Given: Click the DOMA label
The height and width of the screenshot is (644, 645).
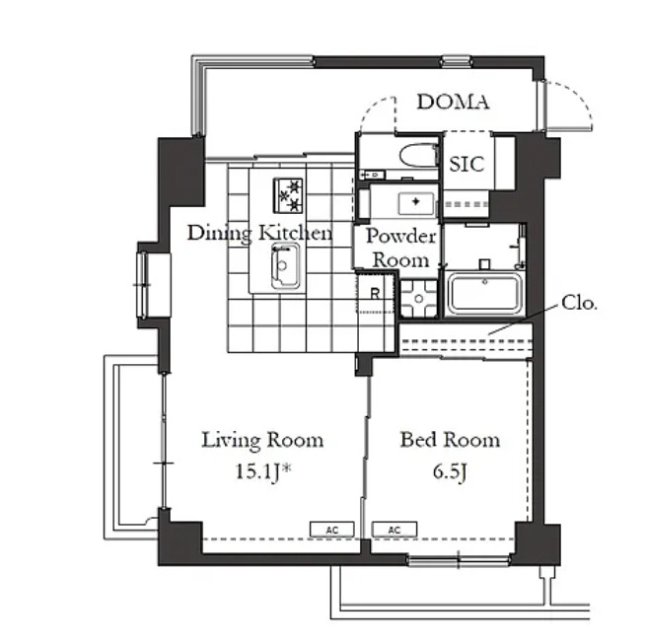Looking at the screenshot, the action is (x=453, y=102).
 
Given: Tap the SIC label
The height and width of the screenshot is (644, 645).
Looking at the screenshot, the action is (x=466, y=164).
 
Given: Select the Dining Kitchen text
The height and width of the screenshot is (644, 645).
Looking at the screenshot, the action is (x=259, y=233).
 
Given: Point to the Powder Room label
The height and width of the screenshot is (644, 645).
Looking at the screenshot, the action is (x=400, y=248).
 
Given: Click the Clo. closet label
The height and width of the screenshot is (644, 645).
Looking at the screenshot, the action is (x=579, y=303).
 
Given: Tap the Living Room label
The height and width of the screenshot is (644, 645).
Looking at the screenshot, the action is (x=262, y=440).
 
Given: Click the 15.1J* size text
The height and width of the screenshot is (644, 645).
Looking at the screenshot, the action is (x=263, y=471).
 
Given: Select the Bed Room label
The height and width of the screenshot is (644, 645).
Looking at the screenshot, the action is (x=450, y=440).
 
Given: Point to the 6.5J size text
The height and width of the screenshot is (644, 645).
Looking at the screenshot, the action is (x=450, y=471).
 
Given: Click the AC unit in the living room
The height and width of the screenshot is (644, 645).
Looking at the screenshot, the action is (x=332, y=530).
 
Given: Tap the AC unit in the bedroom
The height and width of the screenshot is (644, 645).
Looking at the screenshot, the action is (x=394, y=530).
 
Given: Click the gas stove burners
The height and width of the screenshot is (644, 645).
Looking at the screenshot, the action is (x=288, y=195).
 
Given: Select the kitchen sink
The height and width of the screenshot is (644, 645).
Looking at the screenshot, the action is (x=285, y=266).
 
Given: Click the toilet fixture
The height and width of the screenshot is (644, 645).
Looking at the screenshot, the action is (x=418, y=155).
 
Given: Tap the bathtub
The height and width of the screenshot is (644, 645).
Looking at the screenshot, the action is (x=484, y=294).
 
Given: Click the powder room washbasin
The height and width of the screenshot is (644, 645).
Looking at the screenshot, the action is (x=416, y=203).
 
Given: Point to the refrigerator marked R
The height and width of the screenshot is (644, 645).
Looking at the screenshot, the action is (x=375, y=293).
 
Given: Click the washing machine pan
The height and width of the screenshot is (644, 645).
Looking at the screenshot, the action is (x=419, y=299).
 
